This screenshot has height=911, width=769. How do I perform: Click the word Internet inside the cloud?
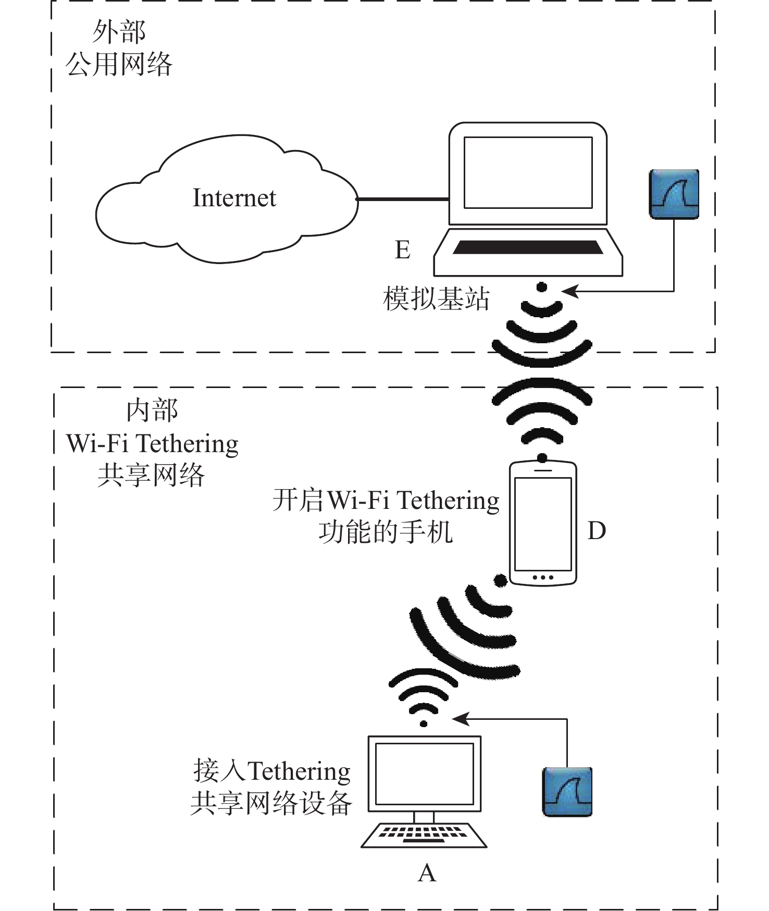[234, 198]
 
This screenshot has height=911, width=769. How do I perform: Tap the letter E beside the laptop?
[402, 250]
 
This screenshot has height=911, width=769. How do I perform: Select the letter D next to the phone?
[597, 531]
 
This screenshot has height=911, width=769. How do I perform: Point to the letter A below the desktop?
[427, 872]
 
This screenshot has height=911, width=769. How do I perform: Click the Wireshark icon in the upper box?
[674, 194]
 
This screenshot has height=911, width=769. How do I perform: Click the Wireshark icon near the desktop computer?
[567, 791]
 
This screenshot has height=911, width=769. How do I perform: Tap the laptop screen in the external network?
[528, 172]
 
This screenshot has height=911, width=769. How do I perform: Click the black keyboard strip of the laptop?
[528, 247]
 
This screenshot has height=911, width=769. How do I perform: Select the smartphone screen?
[543, 523]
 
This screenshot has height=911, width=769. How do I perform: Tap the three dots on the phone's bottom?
[543, 577]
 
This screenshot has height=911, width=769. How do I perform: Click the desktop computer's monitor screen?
[424, 773]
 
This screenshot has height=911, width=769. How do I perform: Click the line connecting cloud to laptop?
[402, 199]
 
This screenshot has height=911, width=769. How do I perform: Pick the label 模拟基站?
[436, 299]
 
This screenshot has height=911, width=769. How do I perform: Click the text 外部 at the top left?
[119, 32]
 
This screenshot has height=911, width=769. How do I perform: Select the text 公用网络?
[119, 65]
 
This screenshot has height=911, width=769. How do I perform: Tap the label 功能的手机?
[386, 533]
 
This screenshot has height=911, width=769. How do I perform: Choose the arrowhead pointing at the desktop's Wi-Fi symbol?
[460, 719]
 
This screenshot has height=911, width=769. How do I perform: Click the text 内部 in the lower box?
[152, 410]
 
